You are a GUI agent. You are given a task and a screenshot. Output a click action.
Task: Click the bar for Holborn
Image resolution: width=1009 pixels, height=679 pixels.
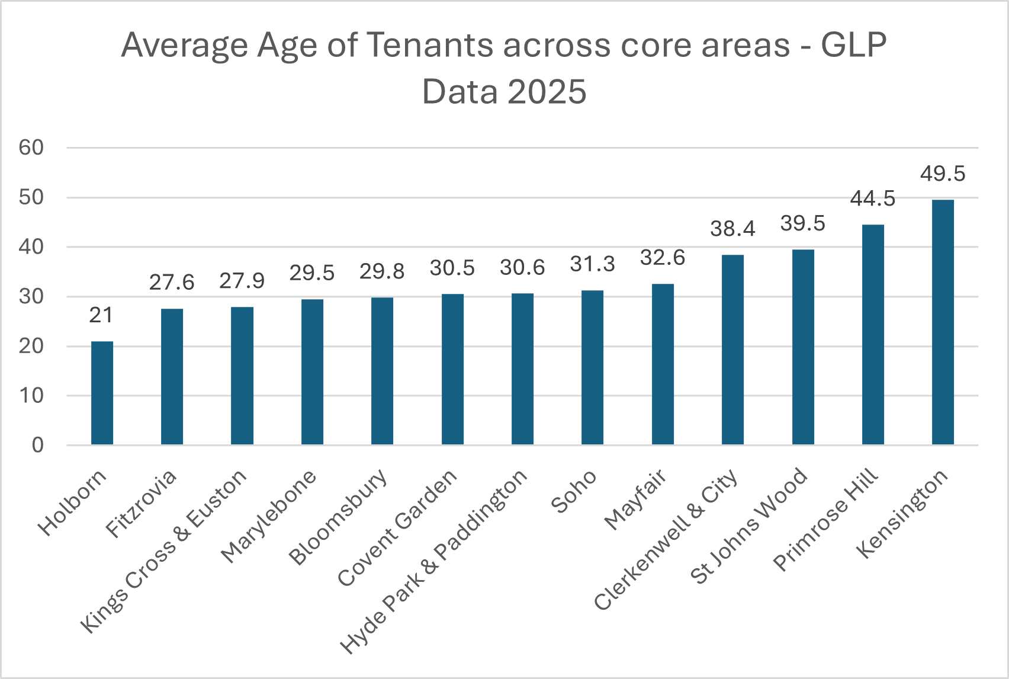102,393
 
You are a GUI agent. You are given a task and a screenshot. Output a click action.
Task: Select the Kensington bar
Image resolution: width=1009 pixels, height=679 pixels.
943,322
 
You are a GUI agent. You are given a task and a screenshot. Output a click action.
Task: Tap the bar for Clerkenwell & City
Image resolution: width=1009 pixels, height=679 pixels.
732,350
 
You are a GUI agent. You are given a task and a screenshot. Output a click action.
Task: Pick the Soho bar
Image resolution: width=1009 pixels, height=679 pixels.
592,367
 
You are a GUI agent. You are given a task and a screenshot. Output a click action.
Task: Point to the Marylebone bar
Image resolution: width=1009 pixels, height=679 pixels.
312,371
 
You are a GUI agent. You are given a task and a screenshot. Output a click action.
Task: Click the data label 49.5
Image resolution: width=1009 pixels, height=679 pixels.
943,174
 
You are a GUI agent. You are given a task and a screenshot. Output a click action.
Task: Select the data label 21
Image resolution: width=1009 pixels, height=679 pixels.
101,316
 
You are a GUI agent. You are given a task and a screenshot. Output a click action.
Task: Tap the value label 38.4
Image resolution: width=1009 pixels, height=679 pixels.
732,229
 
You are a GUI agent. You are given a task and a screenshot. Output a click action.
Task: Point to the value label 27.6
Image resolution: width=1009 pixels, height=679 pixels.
172,283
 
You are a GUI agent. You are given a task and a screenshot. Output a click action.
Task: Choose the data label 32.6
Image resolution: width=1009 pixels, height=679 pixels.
663,258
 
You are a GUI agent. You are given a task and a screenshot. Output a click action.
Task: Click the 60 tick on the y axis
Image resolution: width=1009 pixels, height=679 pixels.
31,148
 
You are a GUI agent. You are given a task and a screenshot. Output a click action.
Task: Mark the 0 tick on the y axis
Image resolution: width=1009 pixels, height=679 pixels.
38,445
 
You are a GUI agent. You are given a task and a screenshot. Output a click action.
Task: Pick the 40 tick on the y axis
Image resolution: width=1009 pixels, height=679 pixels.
31,247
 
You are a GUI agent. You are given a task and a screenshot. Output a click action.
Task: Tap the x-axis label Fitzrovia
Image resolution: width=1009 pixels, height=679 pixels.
141,503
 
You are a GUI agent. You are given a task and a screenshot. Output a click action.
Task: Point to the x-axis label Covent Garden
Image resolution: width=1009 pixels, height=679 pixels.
397,527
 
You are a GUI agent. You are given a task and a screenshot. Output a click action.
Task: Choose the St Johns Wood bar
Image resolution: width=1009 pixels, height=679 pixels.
803,347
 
